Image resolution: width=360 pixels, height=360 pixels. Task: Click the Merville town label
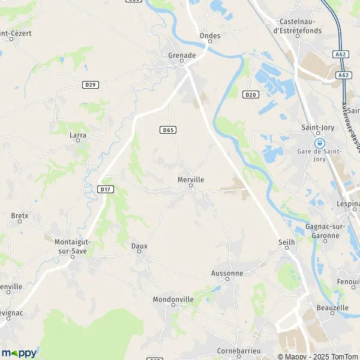pos(191,179)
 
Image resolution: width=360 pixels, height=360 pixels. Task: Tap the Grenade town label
pos(182,55)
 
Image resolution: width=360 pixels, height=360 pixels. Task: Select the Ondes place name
pos(210,36)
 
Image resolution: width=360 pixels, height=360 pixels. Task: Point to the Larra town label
pos(78,135)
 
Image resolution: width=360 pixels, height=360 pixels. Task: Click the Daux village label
pos(139,246)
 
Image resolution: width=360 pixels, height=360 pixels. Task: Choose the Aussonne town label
pos(227,273)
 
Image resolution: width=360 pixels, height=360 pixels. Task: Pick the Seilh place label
pos(287,242)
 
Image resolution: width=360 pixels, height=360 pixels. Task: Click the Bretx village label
pos(20,215)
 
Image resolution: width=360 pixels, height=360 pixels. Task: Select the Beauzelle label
pos(331,307)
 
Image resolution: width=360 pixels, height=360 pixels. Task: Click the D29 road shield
pos(90,85)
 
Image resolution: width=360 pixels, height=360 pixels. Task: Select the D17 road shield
pos(106,189)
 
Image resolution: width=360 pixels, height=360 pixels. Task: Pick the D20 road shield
pos(250,94)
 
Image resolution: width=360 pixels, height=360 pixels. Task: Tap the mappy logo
pos(19,353)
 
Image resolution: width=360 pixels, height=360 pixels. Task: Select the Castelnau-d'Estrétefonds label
pos(297,26)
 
